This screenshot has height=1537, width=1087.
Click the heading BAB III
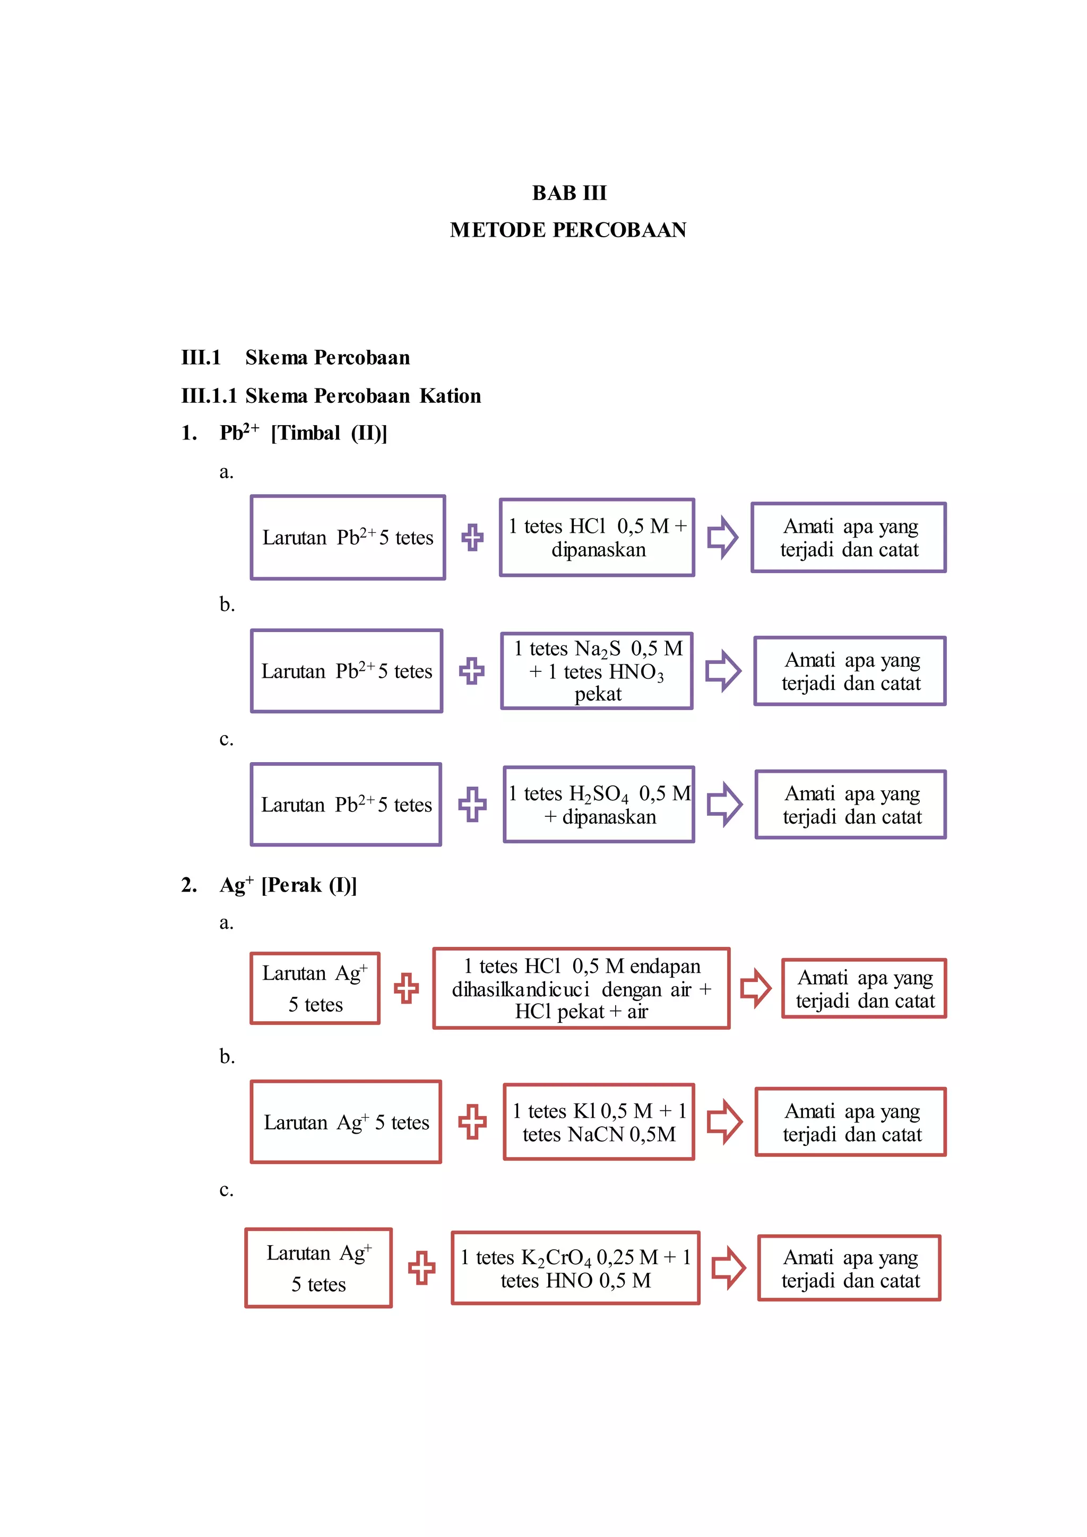[569, 193]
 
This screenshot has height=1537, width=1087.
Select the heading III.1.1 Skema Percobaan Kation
[331, 395]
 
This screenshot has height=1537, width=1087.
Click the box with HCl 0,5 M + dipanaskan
[597, 538]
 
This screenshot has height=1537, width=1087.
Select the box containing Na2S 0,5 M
[597, 671]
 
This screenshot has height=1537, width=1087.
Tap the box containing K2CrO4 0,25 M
[576, 1268]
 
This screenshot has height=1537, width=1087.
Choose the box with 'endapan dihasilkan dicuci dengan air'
[581, 988]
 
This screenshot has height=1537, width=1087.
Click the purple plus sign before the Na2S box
[472, 671]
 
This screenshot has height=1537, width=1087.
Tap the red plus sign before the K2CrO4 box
[421, 1268]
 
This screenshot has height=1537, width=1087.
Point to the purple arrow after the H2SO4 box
[724, 804]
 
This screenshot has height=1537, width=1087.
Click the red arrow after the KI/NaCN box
[724, 1122]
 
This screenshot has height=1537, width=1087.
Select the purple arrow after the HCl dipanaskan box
[722, 537]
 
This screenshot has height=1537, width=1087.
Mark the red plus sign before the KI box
[472, 1122]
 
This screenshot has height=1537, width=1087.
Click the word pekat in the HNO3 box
[598, 694]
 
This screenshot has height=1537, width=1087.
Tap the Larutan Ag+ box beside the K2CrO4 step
[318, 1268]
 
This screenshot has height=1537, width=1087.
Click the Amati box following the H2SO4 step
[851, 804]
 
